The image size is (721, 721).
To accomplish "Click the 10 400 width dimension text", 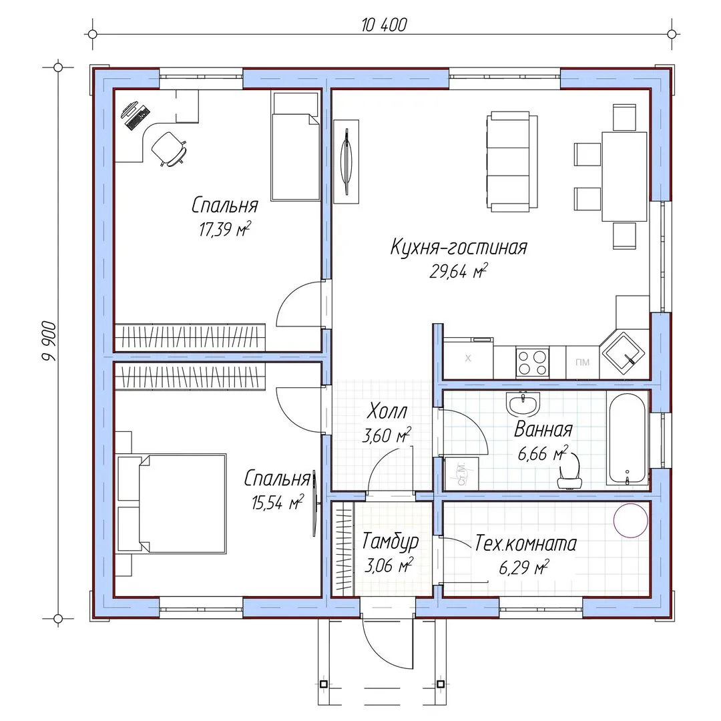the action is [384, 25].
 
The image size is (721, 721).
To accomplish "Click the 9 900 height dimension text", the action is [49, 340].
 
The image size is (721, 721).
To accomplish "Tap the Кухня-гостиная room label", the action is [459, 248].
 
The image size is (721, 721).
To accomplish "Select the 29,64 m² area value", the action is [458, 270].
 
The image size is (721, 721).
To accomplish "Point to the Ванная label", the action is [543, 429].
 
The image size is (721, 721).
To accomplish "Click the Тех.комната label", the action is [525, 543].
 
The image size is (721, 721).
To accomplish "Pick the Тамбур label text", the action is [391, 541].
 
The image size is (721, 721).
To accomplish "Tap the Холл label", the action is [387, 411].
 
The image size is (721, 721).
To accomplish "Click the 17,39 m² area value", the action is [225, 228].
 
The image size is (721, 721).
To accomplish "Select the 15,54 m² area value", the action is [277, 501].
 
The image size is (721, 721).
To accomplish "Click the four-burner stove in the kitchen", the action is [532, 363].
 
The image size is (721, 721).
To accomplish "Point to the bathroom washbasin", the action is [523, 404].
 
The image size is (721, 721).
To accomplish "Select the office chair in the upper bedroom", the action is [168, 148].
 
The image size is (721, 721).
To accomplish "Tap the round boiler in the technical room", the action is [631, 520].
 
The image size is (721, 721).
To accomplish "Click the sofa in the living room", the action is [512, 160].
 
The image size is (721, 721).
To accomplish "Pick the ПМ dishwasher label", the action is [582, 363].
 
